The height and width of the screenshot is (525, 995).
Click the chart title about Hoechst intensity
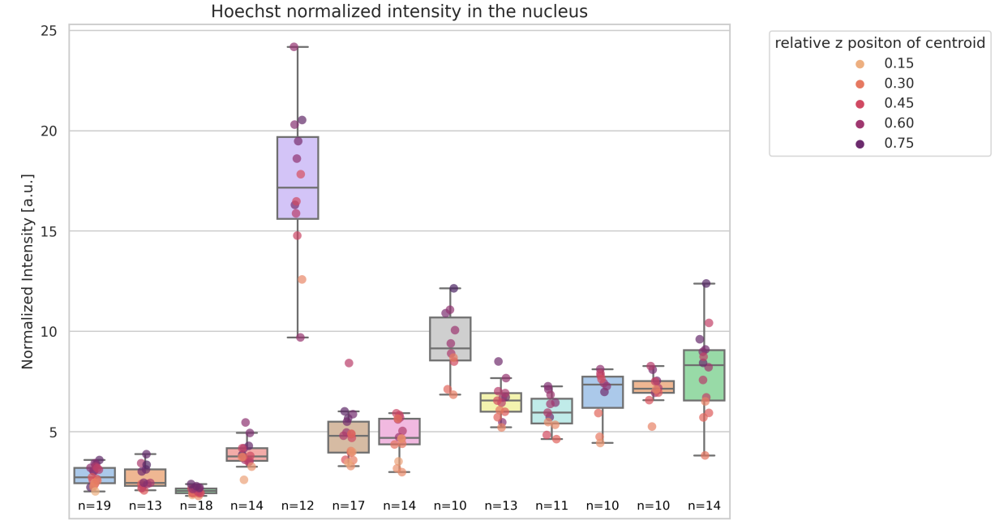pos(399,11)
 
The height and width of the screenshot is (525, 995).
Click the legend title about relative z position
pos(880,43)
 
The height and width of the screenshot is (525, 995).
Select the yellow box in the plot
pos(500,402)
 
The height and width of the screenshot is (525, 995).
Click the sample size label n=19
pos(95,506)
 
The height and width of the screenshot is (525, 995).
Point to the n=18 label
pos(196,506)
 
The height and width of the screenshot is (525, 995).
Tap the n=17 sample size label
pos(349,506)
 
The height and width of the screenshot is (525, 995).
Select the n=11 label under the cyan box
pos(551,506)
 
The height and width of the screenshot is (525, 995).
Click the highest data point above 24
pos(294,47)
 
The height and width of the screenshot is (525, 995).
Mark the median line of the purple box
pos(298,188)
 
